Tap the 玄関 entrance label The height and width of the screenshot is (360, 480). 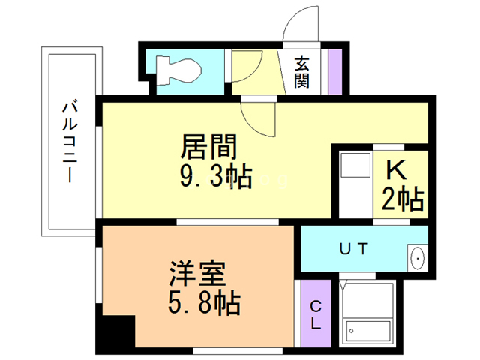(x=301, y=72)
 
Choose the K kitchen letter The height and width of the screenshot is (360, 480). (x=398, y=172)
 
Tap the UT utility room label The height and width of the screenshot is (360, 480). (x=352, y=248)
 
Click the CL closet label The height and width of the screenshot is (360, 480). (x=316, y=315)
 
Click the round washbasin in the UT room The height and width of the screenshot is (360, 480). (x=417, y=258)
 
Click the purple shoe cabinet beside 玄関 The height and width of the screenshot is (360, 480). (x=334, y=70)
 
